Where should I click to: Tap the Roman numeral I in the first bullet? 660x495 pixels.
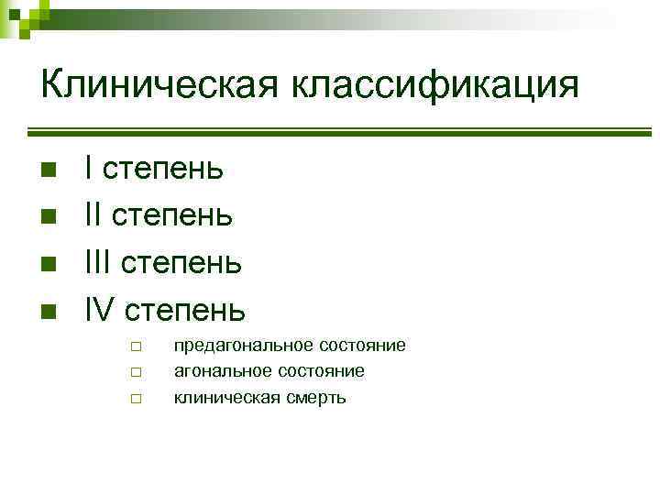[88, 168]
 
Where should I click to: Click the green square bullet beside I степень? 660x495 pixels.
[49, 169]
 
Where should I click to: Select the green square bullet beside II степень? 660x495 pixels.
[49, 216]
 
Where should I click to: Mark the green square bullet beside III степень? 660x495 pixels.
[49, 264]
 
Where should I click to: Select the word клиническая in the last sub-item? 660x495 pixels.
[225, 398]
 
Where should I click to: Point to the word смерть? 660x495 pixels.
[314, 398]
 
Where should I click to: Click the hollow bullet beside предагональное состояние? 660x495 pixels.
[134, 346]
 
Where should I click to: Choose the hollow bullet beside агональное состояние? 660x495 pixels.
[134, 372]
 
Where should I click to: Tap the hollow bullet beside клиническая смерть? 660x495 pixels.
[134, 399]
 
